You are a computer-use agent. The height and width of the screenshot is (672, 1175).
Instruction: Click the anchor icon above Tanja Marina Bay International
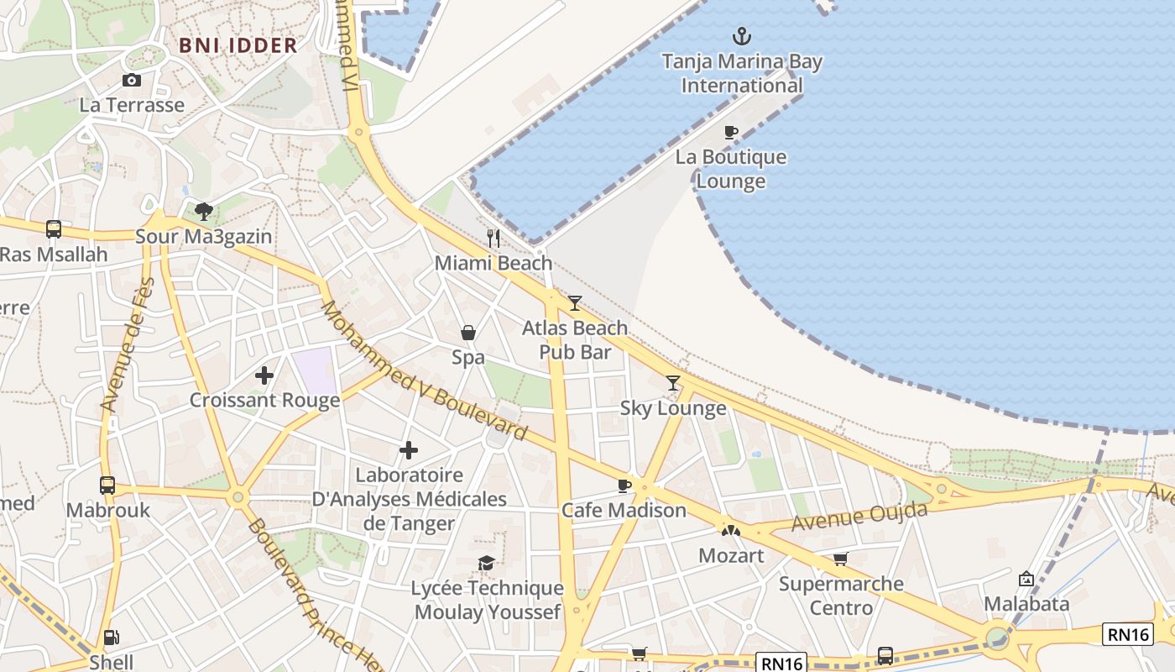tap(742, 36)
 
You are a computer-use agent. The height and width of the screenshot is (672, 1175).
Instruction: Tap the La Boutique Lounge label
tap(731, 169)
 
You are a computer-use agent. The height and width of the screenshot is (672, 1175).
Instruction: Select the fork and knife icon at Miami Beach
tap(493, 239)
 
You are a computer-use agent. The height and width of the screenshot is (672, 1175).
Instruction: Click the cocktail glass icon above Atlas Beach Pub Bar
tap(575, 303)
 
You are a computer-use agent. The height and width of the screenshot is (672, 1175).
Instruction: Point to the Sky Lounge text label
tap(673, 408)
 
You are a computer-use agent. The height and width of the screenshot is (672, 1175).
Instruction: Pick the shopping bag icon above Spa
tap(468, 333)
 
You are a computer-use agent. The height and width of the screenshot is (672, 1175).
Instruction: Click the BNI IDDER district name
tap(238, 45)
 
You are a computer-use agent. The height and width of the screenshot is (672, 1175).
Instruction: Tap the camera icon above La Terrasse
tap(132, 81)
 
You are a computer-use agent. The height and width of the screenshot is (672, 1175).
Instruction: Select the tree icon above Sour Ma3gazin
tap(203, 211)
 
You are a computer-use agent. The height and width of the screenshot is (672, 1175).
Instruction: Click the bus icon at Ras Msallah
tap(54, 228)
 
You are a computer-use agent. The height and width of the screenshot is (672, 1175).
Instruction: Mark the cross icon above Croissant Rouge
tap(264, 375)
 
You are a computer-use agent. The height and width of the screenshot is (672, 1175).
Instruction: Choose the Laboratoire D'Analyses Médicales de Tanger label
tap(409, 499)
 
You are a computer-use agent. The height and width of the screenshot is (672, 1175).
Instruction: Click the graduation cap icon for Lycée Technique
tap(486, 564)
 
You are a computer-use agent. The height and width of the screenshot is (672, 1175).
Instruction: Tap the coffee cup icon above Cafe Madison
tap(624, 486)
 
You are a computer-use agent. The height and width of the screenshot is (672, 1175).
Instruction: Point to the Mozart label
tap(731, 555)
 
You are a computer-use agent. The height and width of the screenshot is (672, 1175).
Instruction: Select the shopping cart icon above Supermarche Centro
tap(840, 559)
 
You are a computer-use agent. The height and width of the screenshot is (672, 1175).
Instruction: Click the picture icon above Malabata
tap(1026, 579)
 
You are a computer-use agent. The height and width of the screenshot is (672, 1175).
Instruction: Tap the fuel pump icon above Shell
tap(111, 638)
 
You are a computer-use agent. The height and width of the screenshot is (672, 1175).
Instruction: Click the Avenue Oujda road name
tap(850, 517)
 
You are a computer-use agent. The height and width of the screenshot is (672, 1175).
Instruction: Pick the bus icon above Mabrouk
tap(107, 485)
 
